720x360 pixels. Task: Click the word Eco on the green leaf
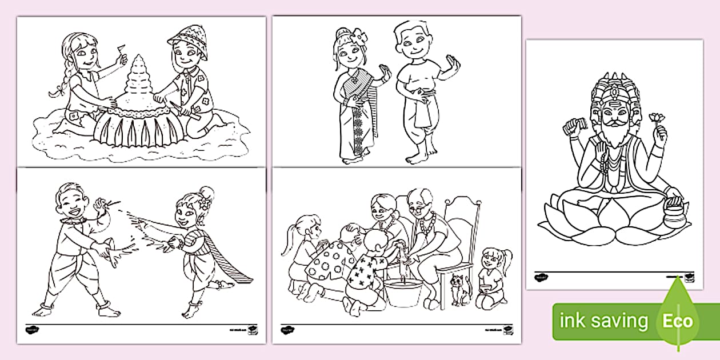click(677, 321)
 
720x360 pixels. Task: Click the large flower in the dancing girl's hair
click(361, 38)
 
